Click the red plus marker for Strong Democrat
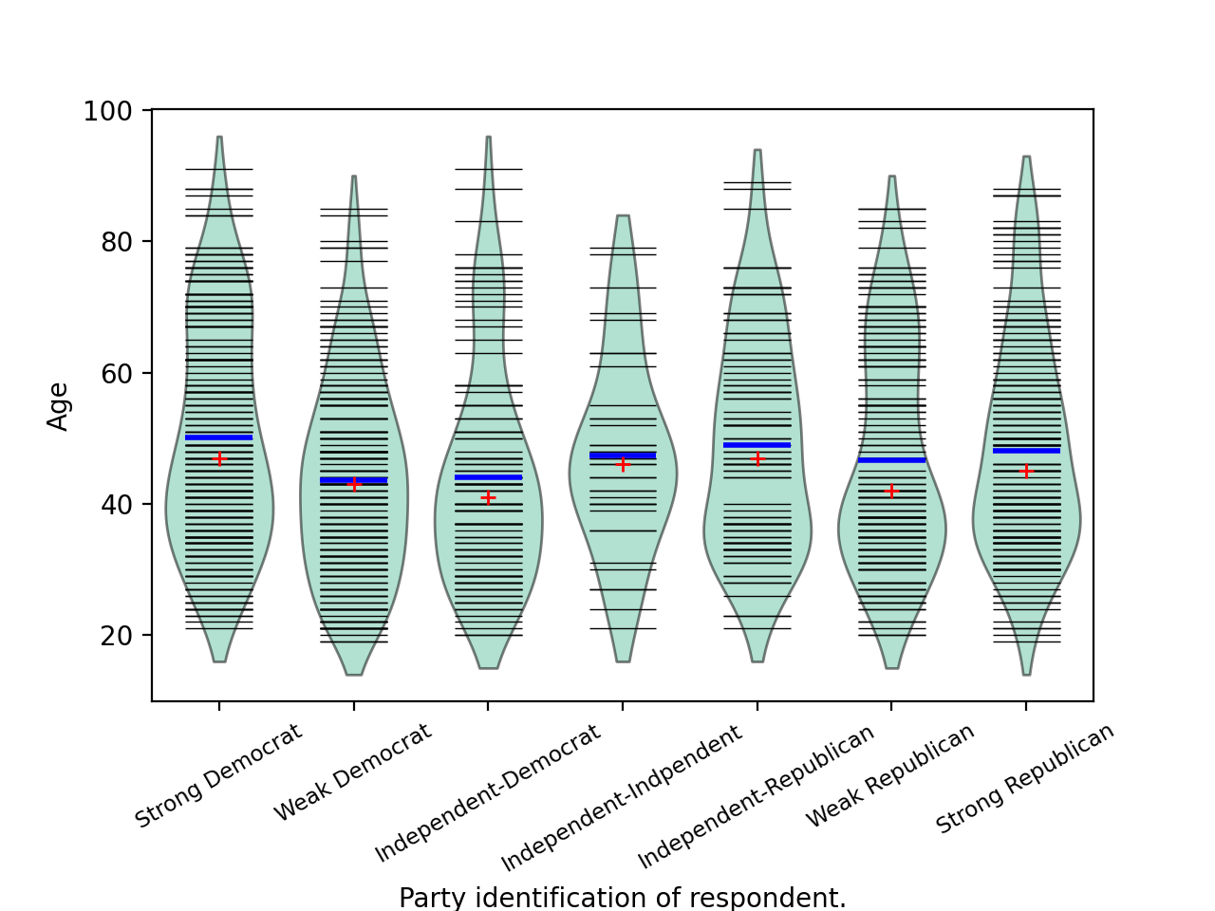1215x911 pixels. tap(219, 459)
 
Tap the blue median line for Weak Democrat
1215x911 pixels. tap(354, 480)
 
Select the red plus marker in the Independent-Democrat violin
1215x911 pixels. tap(488, 498)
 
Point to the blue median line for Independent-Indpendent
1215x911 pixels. tap(623, 455)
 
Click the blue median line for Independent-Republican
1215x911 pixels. tap(757, 445)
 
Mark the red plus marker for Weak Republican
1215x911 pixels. tap(891, 492)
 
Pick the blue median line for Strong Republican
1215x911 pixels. tap(1026, 451)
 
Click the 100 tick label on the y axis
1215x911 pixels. tap(107, 112)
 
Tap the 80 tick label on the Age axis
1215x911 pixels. tap(115, 242)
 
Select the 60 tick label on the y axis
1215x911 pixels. tap(115, 373)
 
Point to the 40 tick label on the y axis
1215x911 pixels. tap(115, 504)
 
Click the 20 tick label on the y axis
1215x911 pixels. tap(115, 635)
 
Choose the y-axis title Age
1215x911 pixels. tap(59, 406)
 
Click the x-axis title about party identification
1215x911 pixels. tap(622, 897)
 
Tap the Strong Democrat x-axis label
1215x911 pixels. tap(218, 776)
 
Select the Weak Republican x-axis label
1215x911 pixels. tap(890, 775)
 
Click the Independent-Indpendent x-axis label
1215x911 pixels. tap(622, 799)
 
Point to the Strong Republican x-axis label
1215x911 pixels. tap(1025, 779)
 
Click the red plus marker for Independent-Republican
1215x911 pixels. tap(757, 459)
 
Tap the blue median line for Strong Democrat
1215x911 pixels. tap(219, 437)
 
